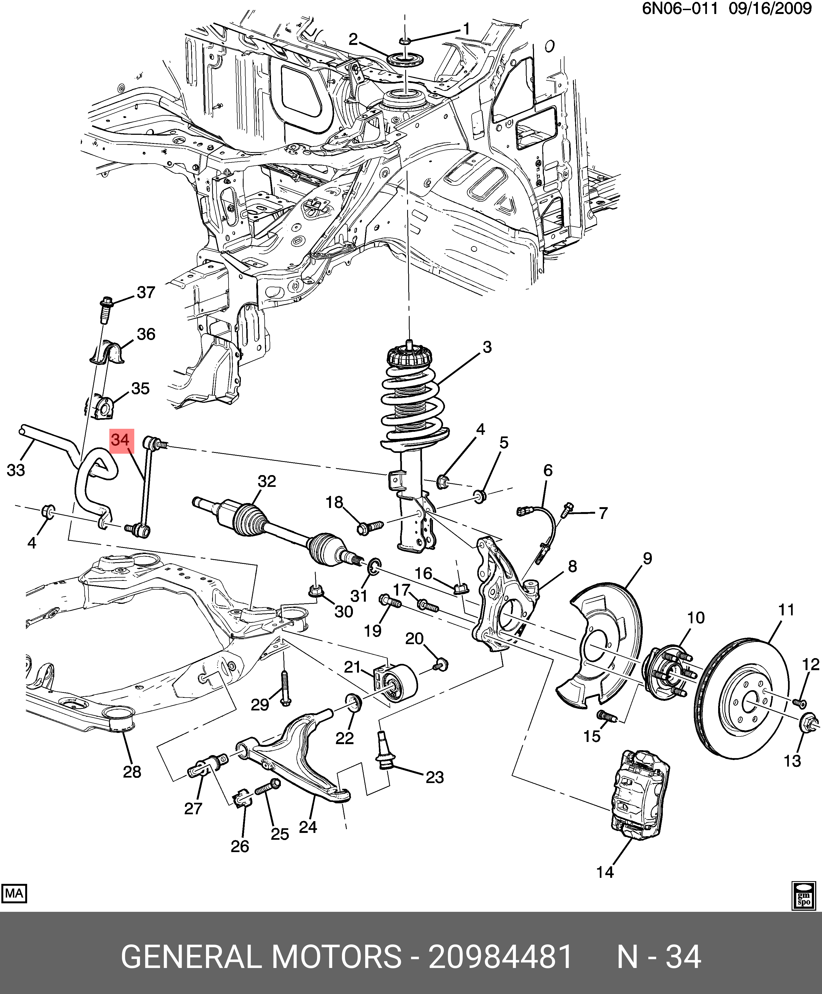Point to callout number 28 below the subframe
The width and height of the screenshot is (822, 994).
tap(132, 772)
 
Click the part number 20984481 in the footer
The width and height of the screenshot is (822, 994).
tap(501, 957)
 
